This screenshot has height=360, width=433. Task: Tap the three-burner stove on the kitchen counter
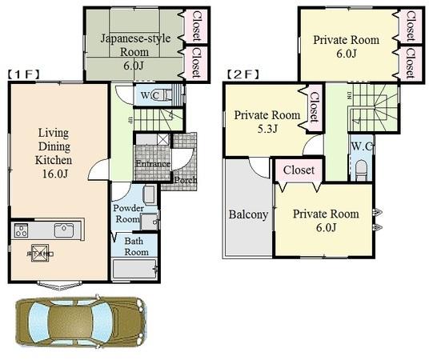[x=21, y=231]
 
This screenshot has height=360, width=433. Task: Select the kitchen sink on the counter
[x=64, y=230]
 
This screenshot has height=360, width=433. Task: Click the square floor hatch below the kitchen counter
[x=39, y=253]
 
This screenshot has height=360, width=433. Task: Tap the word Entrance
[x=151, y=165]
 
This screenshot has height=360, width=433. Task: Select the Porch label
[x=186, y=180]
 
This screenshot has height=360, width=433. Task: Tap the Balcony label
[x=247, y=214]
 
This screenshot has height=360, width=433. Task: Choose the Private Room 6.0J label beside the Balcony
[x=325, y=221]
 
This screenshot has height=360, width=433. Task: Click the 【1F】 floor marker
[x=24, y=74]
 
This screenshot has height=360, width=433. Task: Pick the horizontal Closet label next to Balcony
[x=299, y=170]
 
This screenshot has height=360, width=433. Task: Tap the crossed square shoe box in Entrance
[x=163, y=140]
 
